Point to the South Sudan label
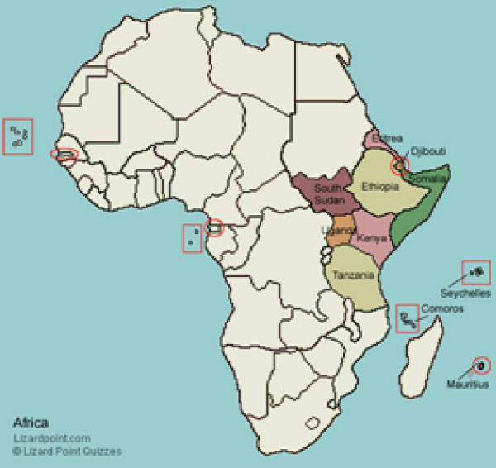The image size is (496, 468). (x=328, y=192)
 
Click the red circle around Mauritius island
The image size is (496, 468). (x=480, y=365)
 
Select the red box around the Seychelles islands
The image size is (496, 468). (x=477, y=270)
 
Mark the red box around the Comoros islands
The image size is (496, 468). (x=407, y=318)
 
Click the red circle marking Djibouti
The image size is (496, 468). (x=400, y=165)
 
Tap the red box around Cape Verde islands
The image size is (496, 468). (x=17, y=138)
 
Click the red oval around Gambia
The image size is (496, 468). (x=64, y=154)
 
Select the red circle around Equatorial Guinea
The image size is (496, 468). (x=214, y=227)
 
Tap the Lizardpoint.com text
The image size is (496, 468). (x=51, y=438)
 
